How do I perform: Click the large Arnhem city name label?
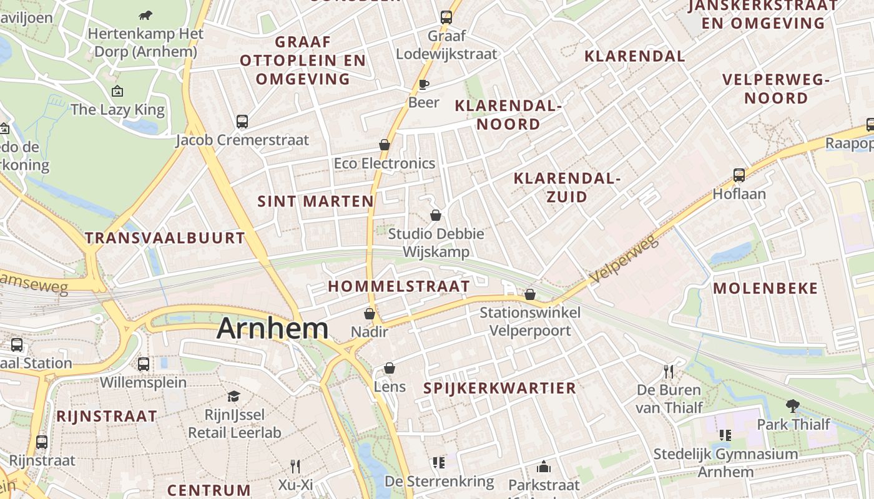(x=272, y=329)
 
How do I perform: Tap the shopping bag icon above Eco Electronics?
(x=385, y=145)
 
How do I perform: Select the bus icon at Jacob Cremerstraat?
(x=242, y=122)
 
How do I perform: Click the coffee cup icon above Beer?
(x=424, y=85)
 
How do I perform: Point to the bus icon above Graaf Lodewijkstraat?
(x=446, y=17)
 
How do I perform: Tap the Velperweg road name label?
(x=624, y=259)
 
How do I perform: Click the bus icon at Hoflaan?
(x=739, y=175)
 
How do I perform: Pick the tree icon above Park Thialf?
(x=793, y=405)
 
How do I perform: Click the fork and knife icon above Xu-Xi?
(x=295, y=466)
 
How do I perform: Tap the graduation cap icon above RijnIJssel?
(x=234, y=396)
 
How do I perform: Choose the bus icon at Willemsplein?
(x=144, y=364)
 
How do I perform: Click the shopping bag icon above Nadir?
(x=370, y=313)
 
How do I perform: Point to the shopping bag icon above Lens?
(x=390, y=368)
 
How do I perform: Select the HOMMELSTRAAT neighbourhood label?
(x=399, y=286)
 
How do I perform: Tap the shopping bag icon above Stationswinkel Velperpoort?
(x=530, y=294)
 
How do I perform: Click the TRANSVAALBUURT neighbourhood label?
(x=165, y=238)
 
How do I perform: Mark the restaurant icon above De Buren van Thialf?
(x=669, y=372)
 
